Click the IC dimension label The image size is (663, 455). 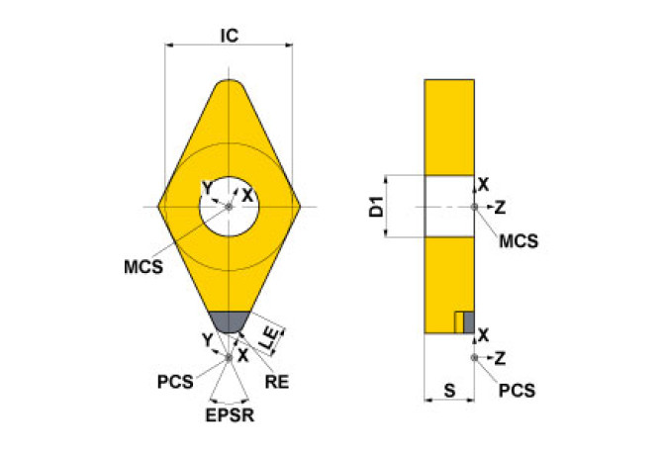click(x=229, y=36)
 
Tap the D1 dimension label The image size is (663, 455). click(x=375, y=207)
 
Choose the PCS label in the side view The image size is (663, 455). click(x=516, y=390)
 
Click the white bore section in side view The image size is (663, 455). click(x=449, y=207)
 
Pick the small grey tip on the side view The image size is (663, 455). click(x=469, y=322)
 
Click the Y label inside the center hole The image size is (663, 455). click(x=206, y=188)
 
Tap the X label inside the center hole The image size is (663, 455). click(x=247, y=195)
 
